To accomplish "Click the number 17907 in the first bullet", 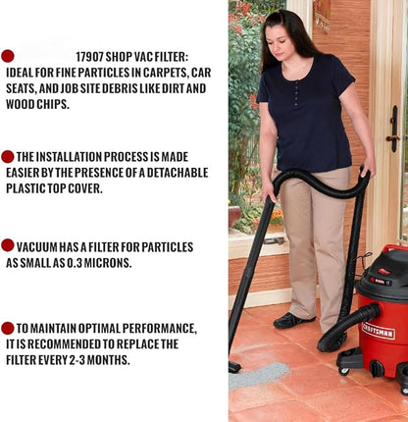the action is [x=89, y=57].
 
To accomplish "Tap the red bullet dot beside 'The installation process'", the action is [x=8, y=157].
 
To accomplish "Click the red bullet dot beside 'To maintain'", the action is [x=8, y=328].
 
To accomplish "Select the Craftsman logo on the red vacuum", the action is [x=379, y=331].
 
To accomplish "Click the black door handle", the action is [x=394, y=129].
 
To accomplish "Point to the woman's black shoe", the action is [x=294, y=320].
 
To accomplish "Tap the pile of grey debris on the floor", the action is [x=258, y=376].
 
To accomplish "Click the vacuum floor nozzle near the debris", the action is [x=234, y=367].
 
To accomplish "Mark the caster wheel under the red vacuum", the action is [x=344, y=371].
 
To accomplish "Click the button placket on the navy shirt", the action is [x=296, y=93].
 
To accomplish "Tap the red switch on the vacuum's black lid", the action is [x=383, y=271].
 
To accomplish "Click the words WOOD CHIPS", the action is [x=37, y=104].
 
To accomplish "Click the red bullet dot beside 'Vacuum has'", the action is [x=8, y=245].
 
